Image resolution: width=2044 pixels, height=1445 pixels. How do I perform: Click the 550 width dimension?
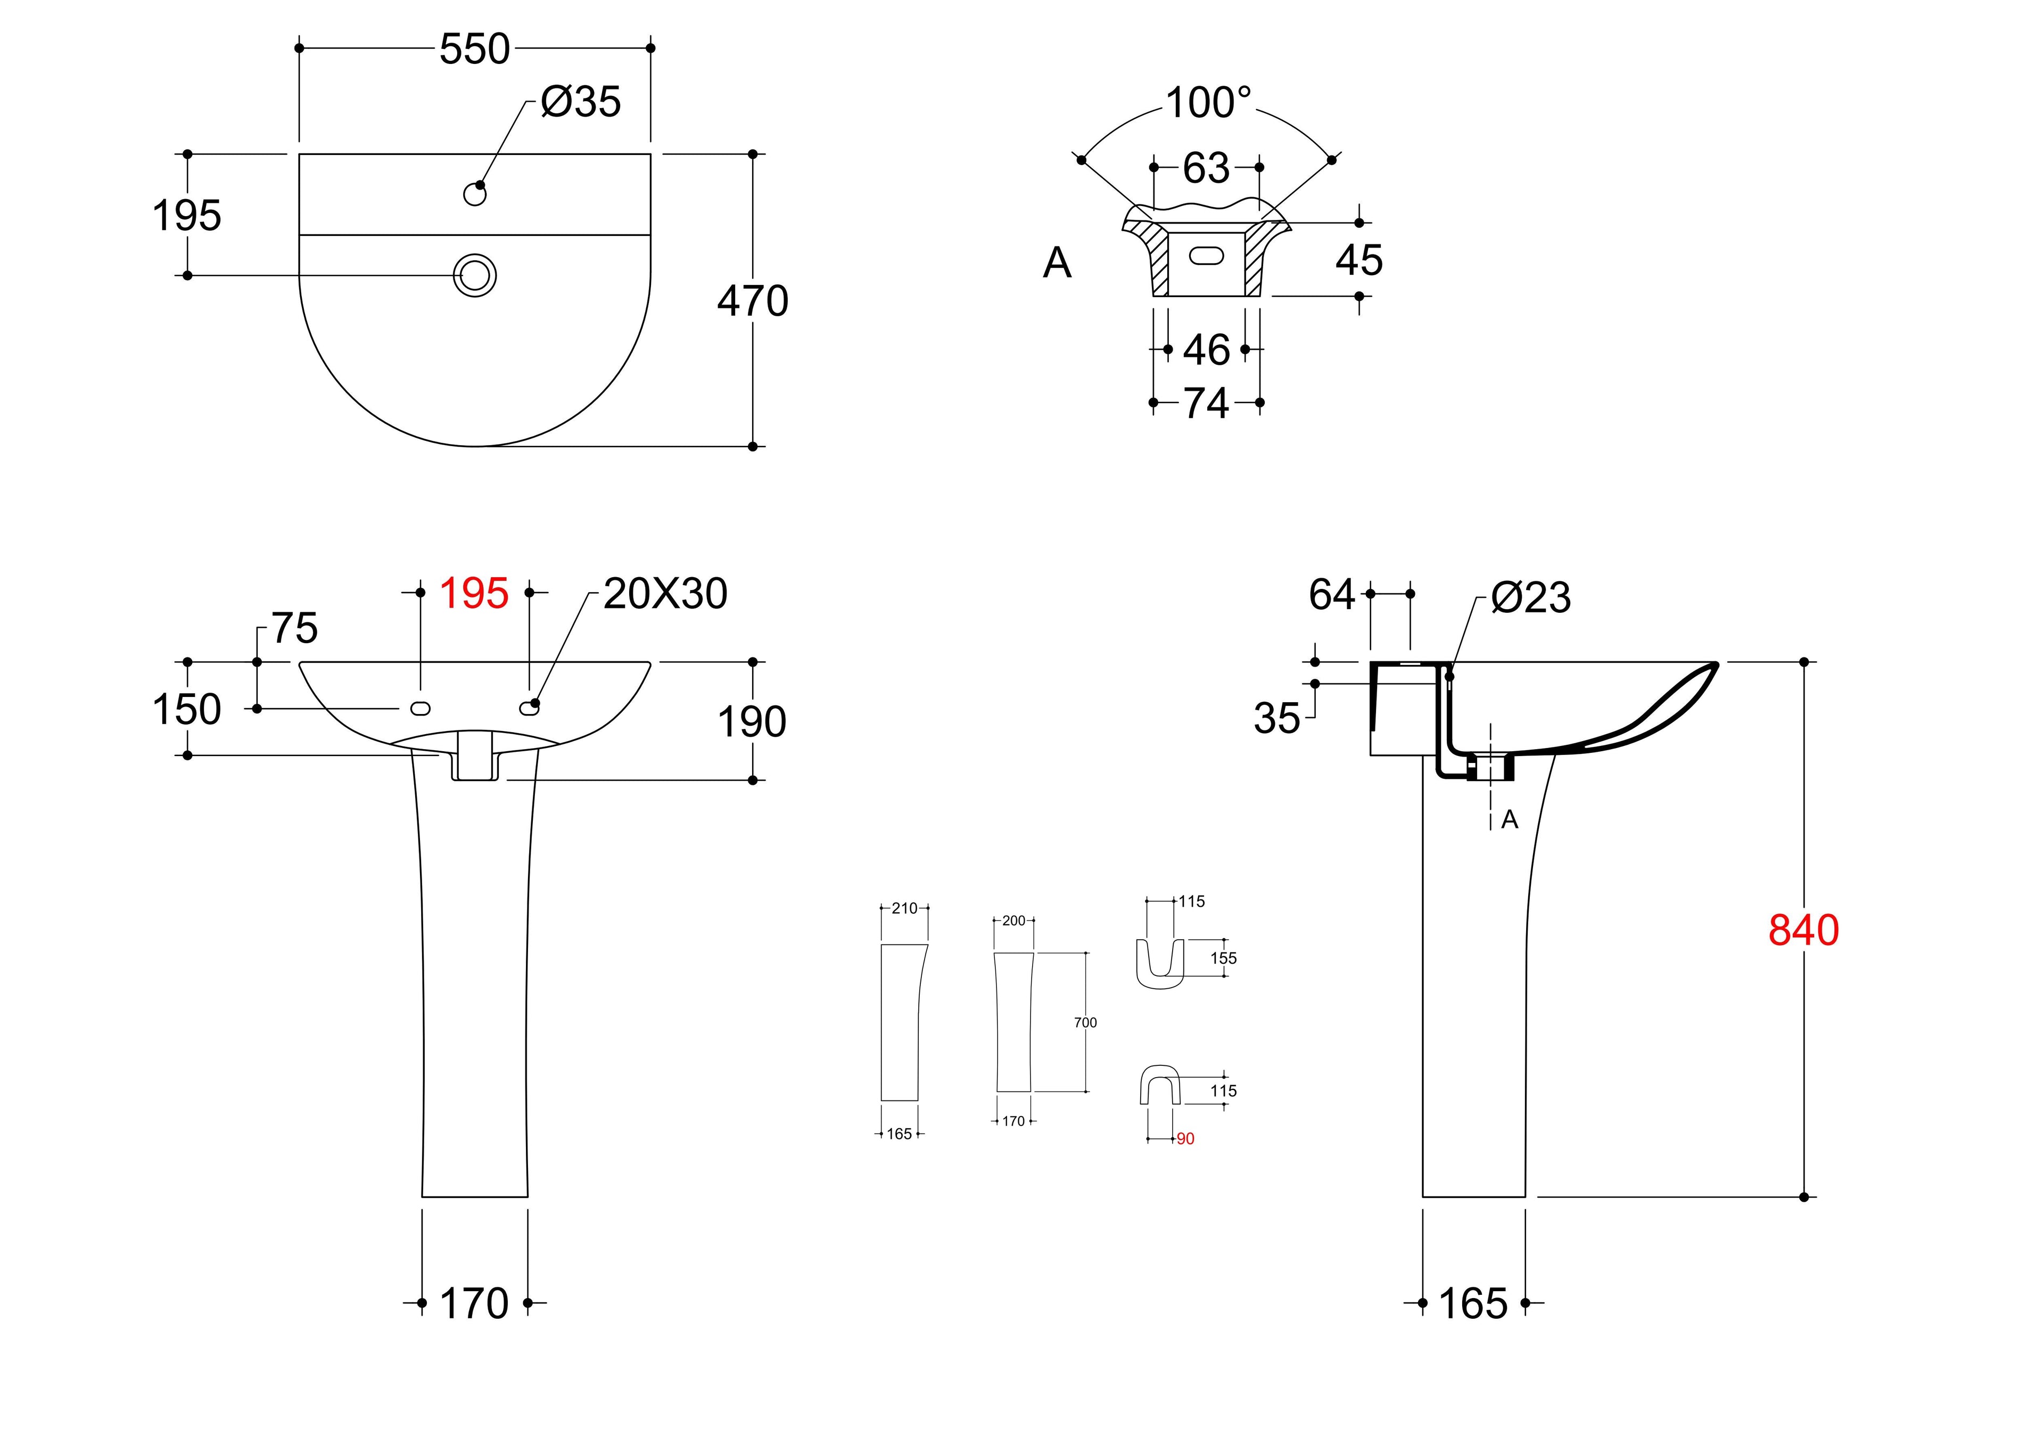coord(474,49)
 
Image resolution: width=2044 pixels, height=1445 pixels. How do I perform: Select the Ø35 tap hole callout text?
coord(580,102)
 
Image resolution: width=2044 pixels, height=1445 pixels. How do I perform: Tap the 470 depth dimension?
coord(753,301)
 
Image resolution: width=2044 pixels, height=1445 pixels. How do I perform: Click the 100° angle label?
coord(1208,103)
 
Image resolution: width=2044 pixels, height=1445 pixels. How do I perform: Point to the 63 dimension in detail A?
coord(1206,168)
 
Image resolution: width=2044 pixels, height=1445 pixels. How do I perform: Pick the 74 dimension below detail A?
coord(1206,404)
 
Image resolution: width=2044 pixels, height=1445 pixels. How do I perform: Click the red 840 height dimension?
coord(1803,930)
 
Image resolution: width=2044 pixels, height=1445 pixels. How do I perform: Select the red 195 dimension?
coord(474,593)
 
